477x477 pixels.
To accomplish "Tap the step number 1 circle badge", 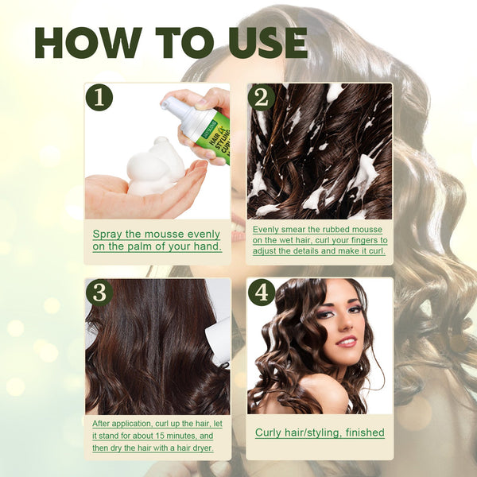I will (99, 97).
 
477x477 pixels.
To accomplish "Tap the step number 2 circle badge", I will (262, 97).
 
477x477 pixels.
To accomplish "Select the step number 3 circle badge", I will (99, 292).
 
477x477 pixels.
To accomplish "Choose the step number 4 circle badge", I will (262, 292).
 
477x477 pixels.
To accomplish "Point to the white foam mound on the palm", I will (158, 167).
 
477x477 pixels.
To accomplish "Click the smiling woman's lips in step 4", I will (347, 341).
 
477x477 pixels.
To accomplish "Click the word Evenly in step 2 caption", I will (267, 230).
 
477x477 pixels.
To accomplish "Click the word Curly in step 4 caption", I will (269, 433).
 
